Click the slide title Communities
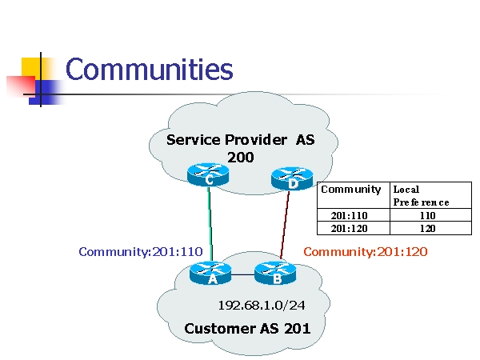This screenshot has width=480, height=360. click(149, 70)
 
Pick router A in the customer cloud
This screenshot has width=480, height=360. click(211, 274)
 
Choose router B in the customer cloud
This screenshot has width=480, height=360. click(275, 274)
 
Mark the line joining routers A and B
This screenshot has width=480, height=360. click(243, 274)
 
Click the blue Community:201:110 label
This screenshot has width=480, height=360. click(141, 251)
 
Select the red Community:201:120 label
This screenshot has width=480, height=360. click(366, 251)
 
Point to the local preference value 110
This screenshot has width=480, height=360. click(430, 215)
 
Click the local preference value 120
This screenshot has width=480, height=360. click(430, 227)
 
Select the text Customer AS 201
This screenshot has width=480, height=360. click(247, 328)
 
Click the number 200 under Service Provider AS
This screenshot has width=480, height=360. click(240, 157)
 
